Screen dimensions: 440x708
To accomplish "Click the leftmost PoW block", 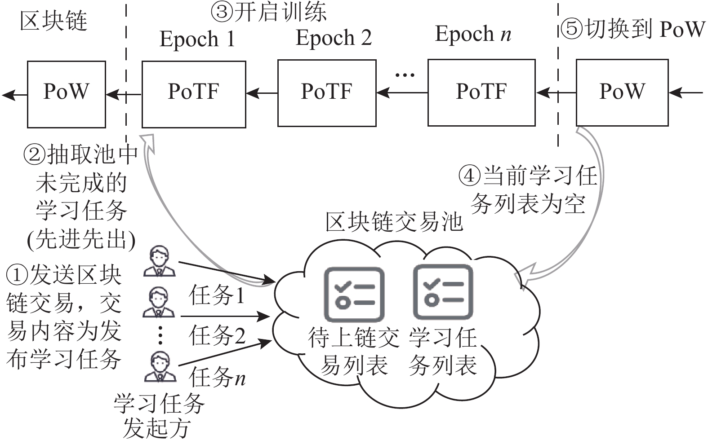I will tap(67, 94).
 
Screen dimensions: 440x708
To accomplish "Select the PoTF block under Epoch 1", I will tap(194, 94).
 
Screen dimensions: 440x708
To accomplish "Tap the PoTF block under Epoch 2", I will tap(327, 93).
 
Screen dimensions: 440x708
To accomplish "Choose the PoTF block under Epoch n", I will tap(481, 92).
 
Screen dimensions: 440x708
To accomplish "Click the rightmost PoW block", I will tap(622, 92).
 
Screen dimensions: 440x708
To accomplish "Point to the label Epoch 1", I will tap(197, 40).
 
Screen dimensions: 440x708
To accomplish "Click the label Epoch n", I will tap(473, 34).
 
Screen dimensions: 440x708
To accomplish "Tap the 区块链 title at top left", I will tap(53, 21).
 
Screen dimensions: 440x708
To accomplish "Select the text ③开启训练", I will tap(268, 12).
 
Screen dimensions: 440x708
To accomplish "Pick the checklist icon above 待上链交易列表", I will tap(354, 294).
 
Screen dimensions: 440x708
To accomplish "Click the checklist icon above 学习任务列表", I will tap(443, 292).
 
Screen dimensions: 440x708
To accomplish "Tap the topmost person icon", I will tap(159, 261).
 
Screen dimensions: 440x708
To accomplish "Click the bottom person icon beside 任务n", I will tap(160, 366).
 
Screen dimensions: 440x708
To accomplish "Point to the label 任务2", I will tap(218, 335).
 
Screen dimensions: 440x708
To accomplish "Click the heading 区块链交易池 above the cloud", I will tap(394, 222).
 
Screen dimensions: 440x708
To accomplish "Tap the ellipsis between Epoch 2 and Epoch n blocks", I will tap(405, 75).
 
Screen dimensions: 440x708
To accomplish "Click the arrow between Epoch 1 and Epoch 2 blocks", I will tap(262, 93).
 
